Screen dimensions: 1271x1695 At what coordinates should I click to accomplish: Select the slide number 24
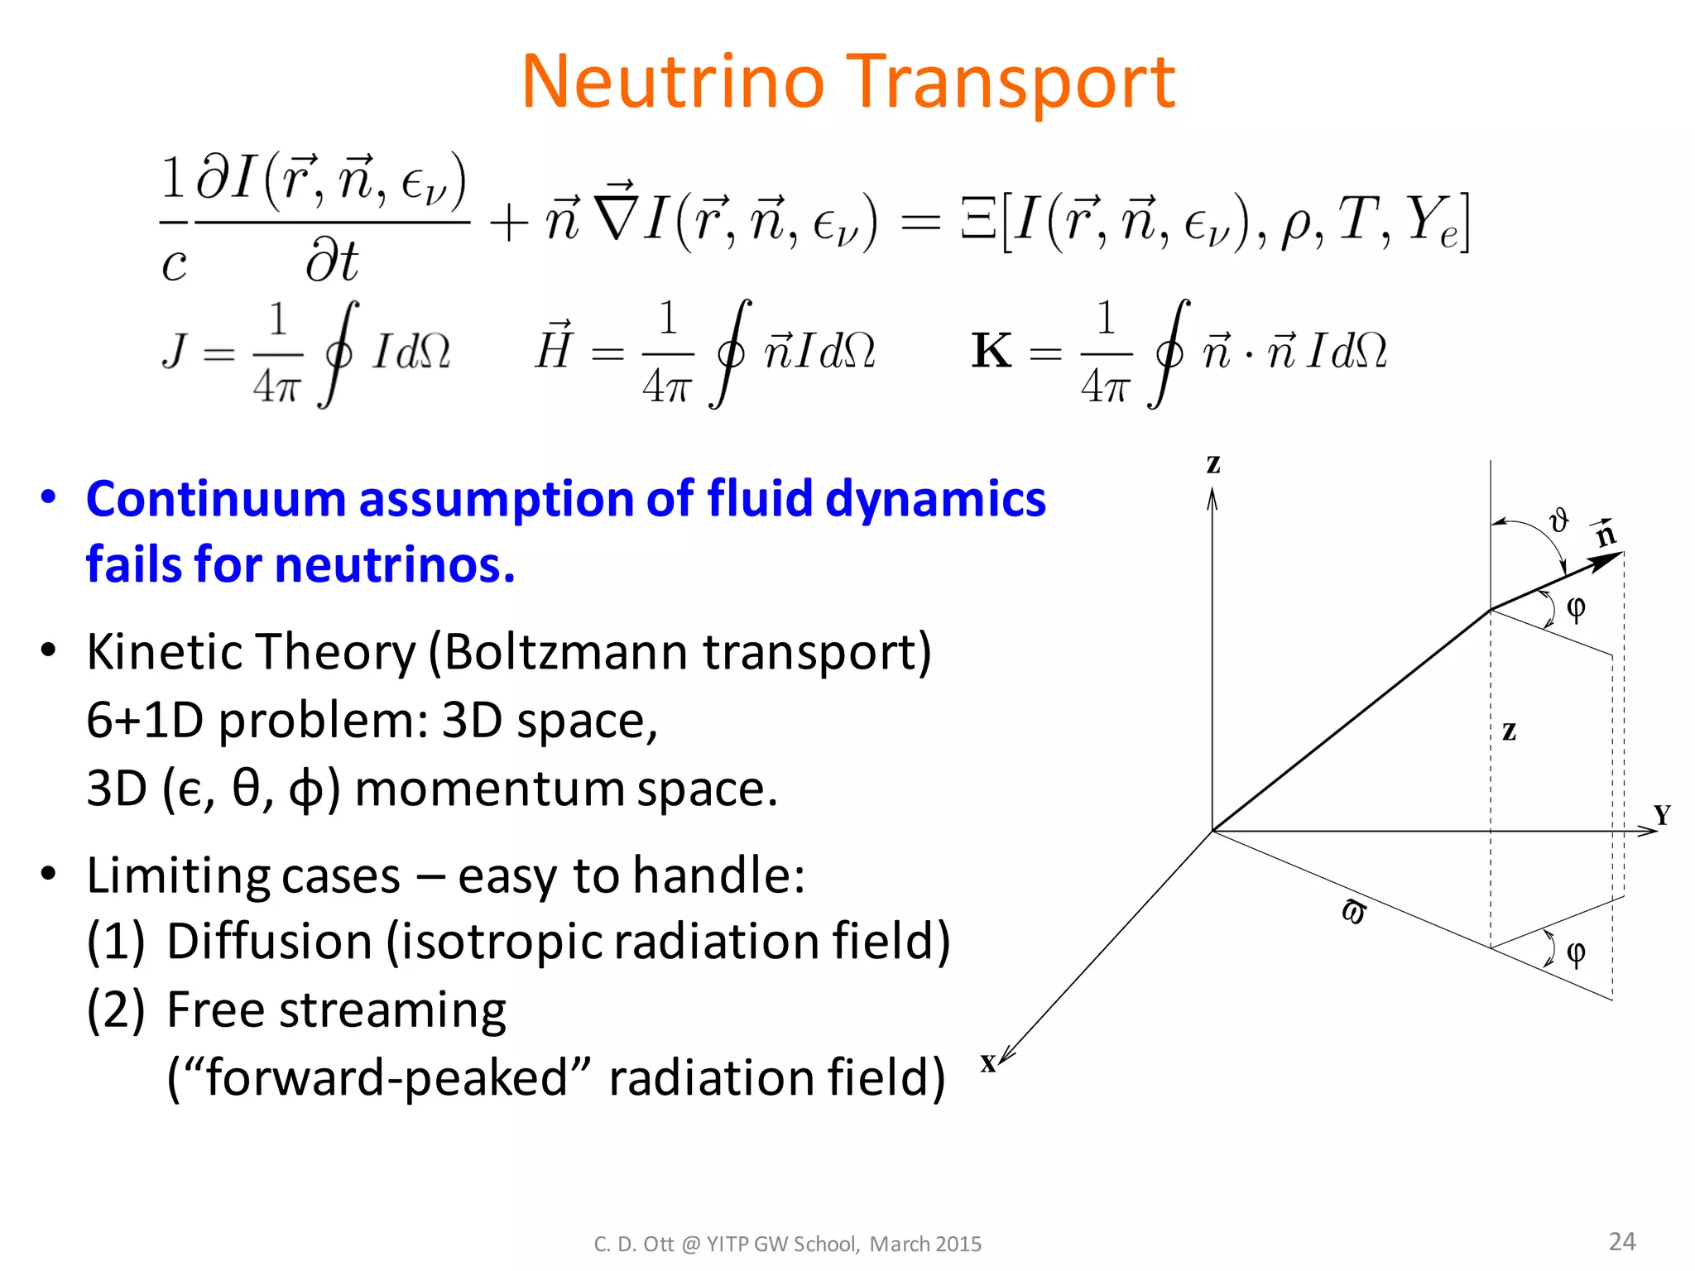coord(1621,1241)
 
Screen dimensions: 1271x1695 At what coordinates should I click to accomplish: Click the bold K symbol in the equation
coord(991,351)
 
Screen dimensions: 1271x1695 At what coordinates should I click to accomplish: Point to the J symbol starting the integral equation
coord(175,351)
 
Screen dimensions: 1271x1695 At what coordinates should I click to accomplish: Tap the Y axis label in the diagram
coord(1662,815)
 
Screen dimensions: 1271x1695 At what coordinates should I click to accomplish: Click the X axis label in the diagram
coord(987,1063)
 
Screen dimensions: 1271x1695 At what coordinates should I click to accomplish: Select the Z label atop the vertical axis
coord(1213,464)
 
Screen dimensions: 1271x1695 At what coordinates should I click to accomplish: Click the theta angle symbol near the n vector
coord(1558,520)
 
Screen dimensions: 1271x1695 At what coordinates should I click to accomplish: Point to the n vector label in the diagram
coord(1606,534)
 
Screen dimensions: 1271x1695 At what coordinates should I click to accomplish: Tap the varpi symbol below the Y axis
coord(1353,911)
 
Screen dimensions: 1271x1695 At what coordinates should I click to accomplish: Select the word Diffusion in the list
coord(270,942)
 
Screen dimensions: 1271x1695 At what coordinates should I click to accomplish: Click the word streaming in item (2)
coord(392,1011)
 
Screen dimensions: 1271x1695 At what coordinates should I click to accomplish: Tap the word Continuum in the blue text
coord(215,499)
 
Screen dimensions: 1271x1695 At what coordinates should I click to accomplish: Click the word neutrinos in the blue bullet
coord(395,565)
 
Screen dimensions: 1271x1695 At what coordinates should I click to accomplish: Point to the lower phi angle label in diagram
coord(1576,953)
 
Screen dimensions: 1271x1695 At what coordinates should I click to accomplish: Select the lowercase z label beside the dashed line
coord(1510,731)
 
